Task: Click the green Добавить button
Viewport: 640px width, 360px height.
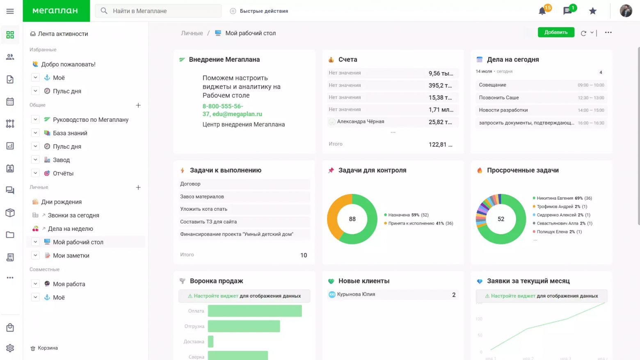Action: coord(556,32)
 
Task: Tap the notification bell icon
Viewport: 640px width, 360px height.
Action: coord(542,11)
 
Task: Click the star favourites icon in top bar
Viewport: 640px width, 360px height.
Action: coord(592,11)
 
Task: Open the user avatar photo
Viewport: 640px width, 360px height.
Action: coord(626,11)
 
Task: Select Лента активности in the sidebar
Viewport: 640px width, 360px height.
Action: coord(63,34)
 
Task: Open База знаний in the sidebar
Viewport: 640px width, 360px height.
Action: coord(70,133)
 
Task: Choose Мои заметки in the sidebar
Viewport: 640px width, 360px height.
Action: coord(71,255)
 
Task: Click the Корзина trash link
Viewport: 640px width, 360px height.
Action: coord(48,348)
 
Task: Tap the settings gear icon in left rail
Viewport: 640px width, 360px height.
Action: coord(10,348)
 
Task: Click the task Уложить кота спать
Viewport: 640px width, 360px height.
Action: coord(203,209)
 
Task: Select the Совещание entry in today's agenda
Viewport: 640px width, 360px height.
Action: coord(492,85)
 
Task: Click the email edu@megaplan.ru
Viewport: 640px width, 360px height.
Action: coord(237,114)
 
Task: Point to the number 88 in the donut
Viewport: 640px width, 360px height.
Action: coord(352,219)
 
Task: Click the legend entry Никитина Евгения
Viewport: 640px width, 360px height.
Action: coord(555,198)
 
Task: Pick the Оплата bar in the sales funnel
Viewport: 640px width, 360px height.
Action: coord(254,311)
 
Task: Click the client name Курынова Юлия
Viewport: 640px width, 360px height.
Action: coord(356,294)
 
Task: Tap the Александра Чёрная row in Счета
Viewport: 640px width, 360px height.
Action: coord(361,122)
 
